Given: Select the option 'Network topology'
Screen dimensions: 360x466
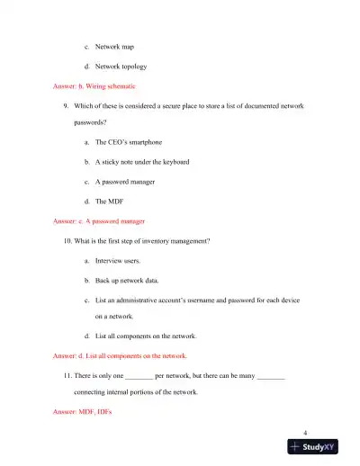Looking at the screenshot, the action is coord(118,67).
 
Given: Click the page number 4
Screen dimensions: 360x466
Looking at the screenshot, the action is coord(306,432).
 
